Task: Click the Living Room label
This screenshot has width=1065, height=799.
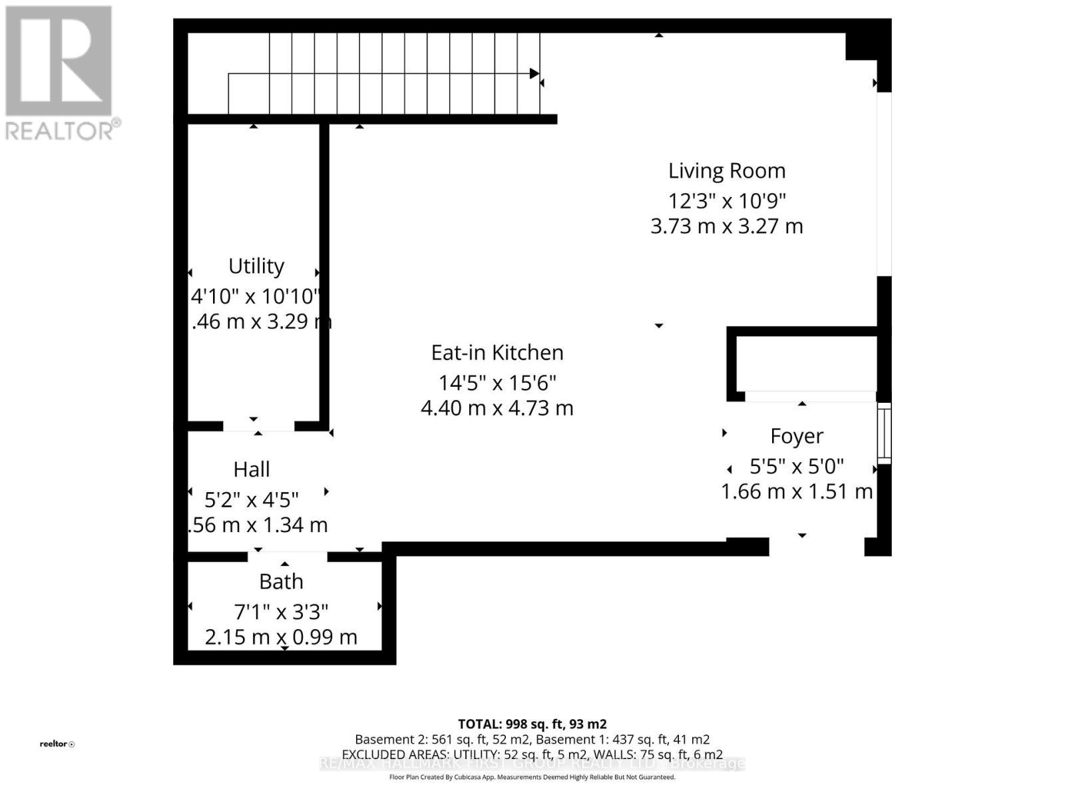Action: (727, 171)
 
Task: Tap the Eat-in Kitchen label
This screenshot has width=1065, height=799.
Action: (497, 353)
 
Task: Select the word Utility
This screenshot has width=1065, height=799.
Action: (256, 266)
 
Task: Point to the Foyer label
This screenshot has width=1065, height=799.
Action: (797, 436)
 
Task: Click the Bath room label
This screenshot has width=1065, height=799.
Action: (281, 582)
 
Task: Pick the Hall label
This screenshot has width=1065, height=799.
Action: (252, 469)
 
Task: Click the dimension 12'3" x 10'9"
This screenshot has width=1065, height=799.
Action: (727, 200)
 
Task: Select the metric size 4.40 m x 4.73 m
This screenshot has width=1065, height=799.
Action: (497, 408)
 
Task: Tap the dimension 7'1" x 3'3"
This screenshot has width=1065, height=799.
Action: (281, 612)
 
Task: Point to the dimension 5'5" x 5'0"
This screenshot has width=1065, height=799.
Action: (797, 466)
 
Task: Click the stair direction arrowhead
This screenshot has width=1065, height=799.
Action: (534, 73)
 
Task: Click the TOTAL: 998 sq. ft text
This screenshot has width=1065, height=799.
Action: (532, 724)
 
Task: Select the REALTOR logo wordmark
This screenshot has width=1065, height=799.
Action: (63, 130)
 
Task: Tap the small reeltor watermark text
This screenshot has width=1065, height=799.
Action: (57, 744)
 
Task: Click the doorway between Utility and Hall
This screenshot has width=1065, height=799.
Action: (258, 426)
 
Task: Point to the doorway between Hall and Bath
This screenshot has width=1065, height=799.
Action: (288, 557)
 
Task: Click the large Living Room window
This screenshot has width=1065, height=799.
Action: (883, 183)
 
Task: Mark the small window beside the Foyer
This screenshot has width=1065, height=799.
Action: (884, 433)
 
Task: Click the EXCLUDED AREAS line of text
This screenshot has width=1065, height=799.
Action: (532, 754)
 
